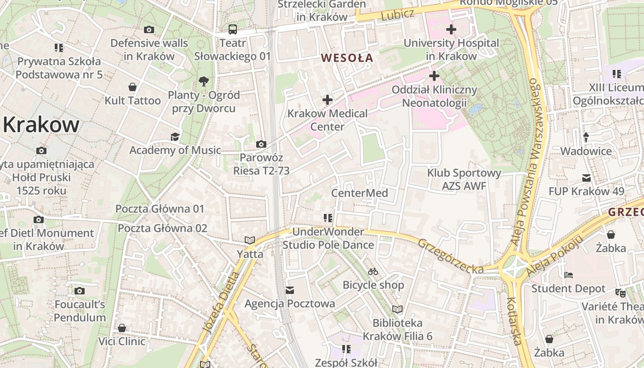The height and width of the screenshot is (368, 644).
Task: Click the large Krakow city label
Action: [x=41, y=125]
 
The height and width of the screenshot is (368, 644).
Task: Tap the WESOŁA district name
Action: [x=347, y=58]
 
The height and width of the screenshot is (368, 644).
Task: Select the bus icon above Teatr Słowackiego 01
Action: [x=233, y=30]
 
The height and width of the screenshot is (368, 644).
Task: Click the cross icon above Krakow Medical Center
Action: [x=327, y=99]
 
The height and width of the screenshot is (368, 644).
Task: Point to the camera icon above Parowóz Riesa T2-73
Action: [x=261, y=144]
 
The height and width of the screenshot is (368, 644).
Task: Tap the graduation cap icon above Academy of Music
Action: [x=175, y=137]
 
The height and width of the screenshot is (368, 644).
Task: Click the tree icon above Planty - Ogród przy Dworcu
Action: [x=203, y=82]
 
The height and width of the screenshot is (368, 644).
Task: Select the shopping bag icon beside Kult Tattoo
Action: [x=132, y=87]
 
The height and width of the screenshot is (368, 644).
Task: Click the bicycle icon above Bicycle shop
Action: [x=373, y=271]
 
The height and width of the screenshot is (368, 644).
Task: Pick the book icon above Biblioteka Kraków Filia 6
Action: [x=397, y=309]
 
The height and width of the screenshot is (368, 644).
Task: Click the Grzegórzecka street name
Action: [x=450, y=256]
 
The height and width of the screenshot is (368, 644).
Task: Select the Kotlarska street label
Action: [x=514, y=321]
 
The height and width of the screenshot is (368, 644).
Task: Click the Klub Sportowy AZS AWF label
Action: [x=464, y=179]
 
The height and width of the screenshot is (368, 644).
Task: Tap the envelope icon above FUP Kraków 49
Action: [x=586, y=178]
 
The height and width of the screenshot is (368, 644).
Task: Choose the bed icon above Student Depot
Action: [x=569, y=275]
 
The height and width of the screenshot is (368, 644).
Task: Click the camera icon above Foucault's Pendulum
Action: [x=80, y=291]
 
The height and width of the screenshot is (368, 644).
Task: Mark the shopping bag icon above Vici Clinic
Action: [x=122, y=328]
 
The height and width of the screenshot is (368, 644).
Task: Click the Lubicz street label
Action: [x=397, y=15]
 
